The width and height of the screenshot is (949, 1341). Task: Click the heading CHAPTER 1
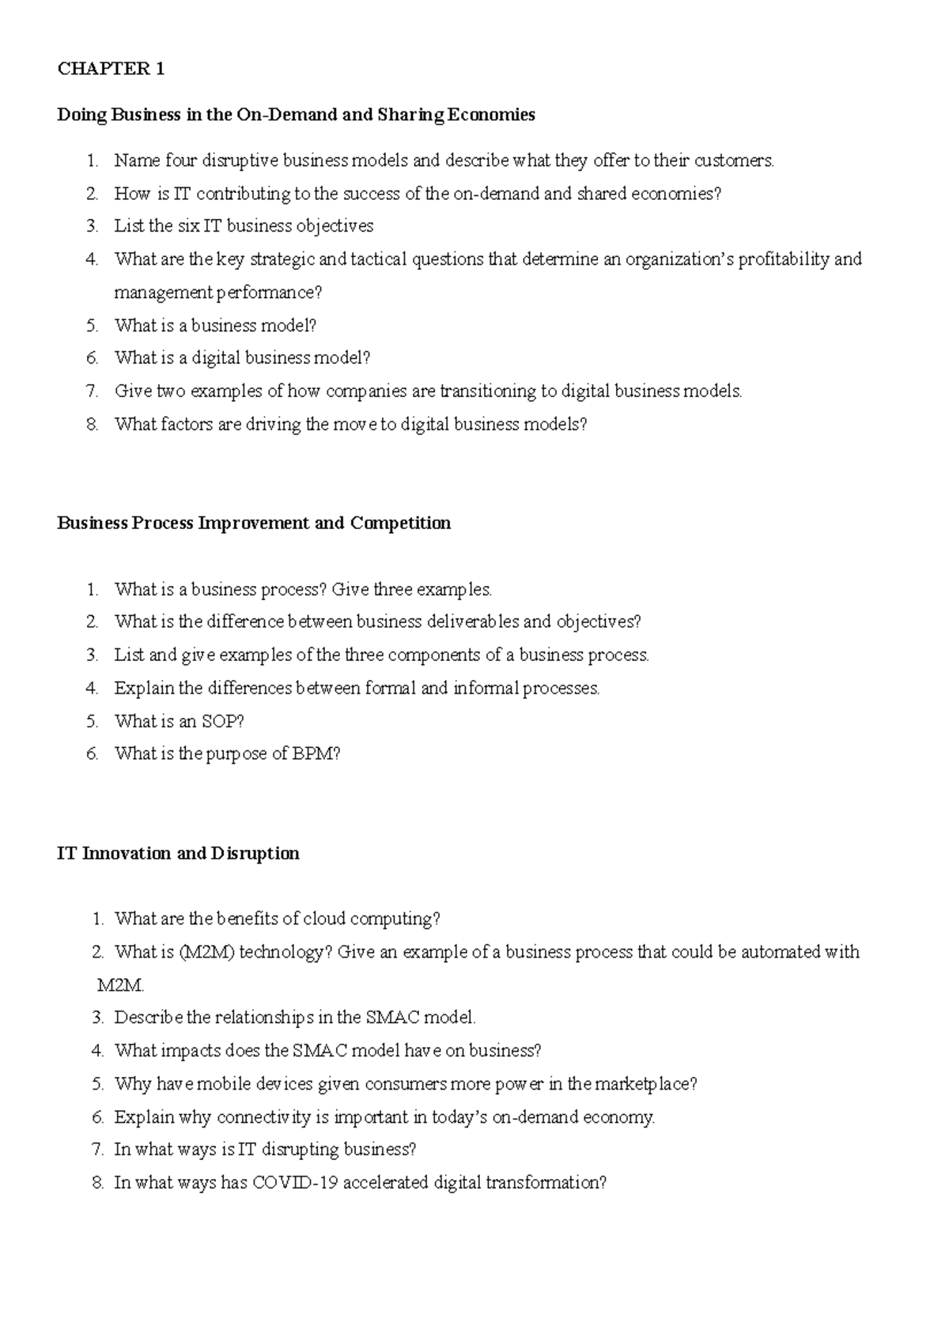[111, 69]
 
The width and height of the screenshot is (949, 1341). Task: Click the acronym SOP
[218, 721]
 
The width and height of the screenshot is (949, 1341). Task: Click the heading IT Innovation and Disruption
[178, 853]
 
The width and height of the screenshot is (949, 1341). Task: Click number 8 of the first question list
[93, 425]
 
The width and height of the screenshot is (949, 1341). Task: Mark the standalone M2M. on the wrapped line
[121, 985]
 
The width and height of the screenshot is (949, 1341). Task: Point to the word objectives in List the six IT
[335, 226]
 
